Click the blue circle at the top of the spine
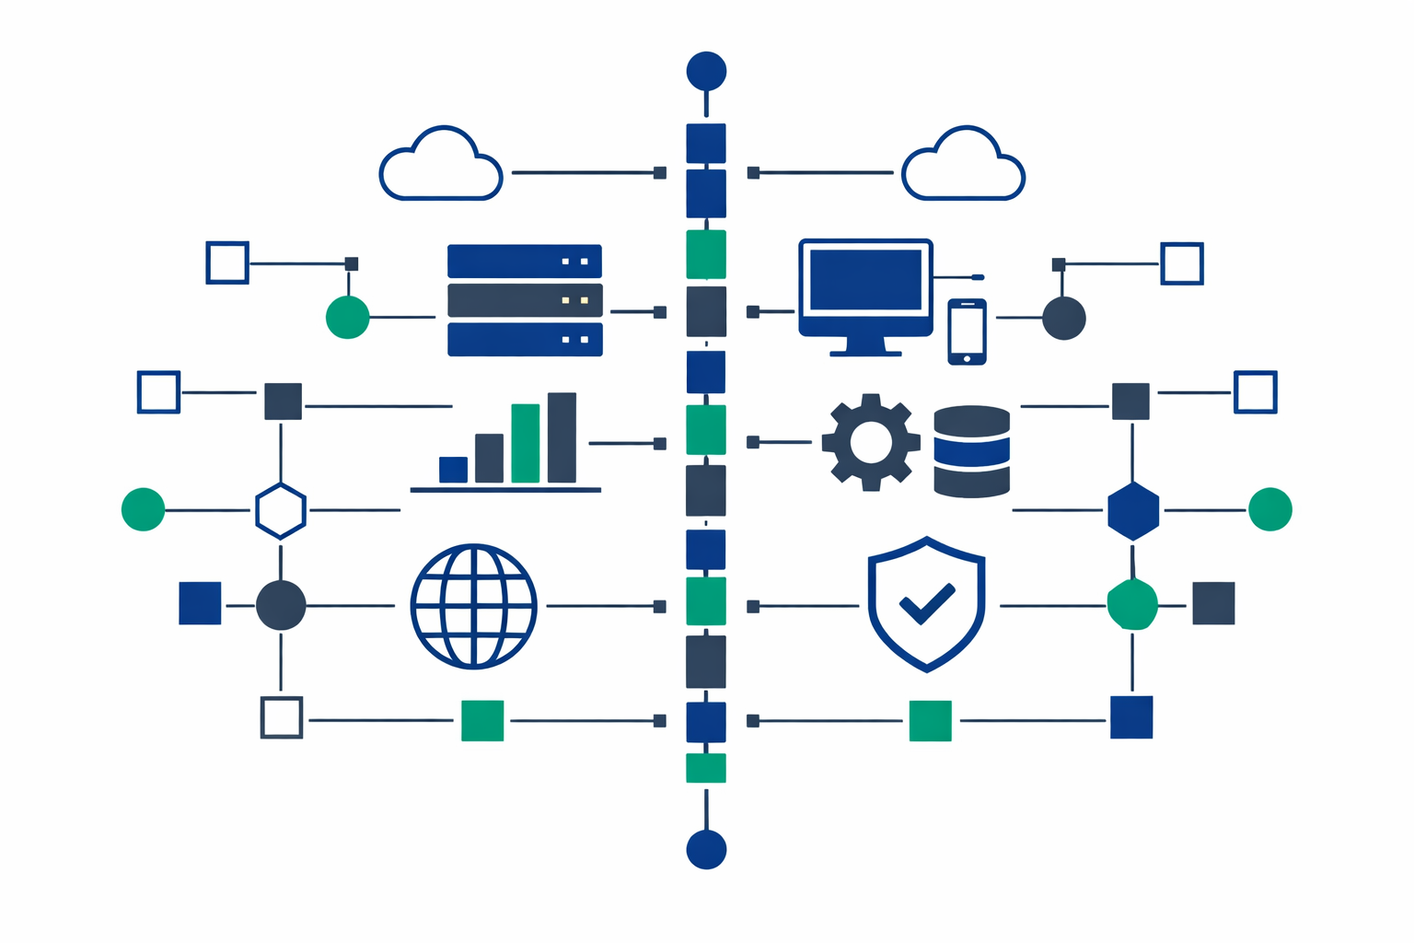(706, 70)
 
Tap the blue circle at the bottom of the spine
(706, 849)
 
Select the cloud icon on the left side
(441, 166)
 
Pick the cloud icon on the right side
(963, 166)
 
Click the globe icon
(473, 606)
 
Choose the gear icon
(871, 442)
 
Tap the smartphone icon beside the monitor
(967, 332)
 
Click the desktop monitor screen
(865, 279)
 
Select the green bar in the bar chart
(525, 443)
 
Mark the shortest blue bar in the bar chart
(453, 469)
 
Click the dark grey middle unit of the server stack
(525, 300)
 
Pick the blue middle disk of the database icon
(971, 450)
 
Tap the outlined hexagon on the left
(280, 510)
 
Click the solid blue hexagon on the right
(1133, 510)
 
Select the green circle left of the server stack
(348, 318)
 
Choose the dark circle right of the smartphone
(1064, 319)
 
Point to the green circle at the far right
(1270, 509)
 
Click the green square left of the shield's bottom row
(930, 720)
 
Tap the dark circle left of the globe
(281, 605)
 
